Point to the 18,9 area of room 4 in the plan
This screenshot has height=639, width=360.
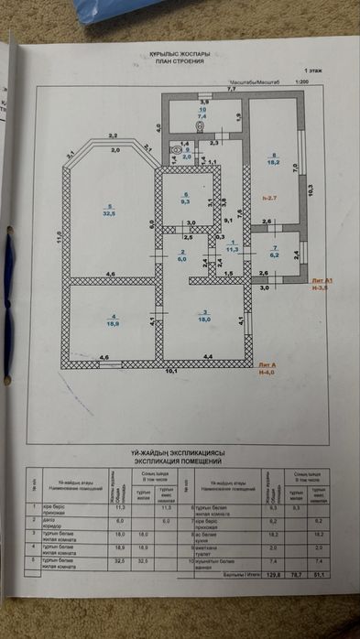click(x=114, y=323)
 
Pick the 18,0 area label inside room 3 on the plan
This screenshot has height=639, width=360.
click(x=207, y=320)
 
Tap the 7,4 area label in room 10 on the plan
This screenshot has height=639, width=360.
click(x=202, y=117)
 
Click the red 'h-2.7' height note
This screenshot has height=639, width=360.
click(x=268, y=198)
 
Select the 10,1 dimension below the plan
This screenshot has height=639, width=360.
click(x=170, y=372)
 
